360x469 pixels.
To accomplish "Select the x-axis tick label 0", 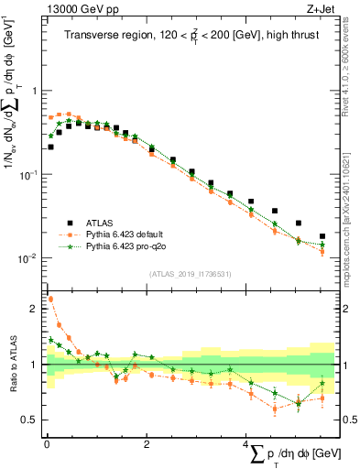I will click(47, 443).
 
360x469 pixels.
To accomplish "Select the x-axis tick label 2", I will click(147, 443).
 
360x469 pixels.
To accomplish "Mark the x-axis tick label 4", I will click(245, 443).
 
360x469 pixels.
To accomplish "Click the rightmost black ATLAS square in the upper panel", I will click(322, 236).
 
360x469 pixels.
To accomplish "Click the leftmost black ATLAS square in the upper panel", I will click(50, 147).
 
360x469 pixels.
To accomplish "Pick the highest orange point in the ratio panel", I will click(50, 299).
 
